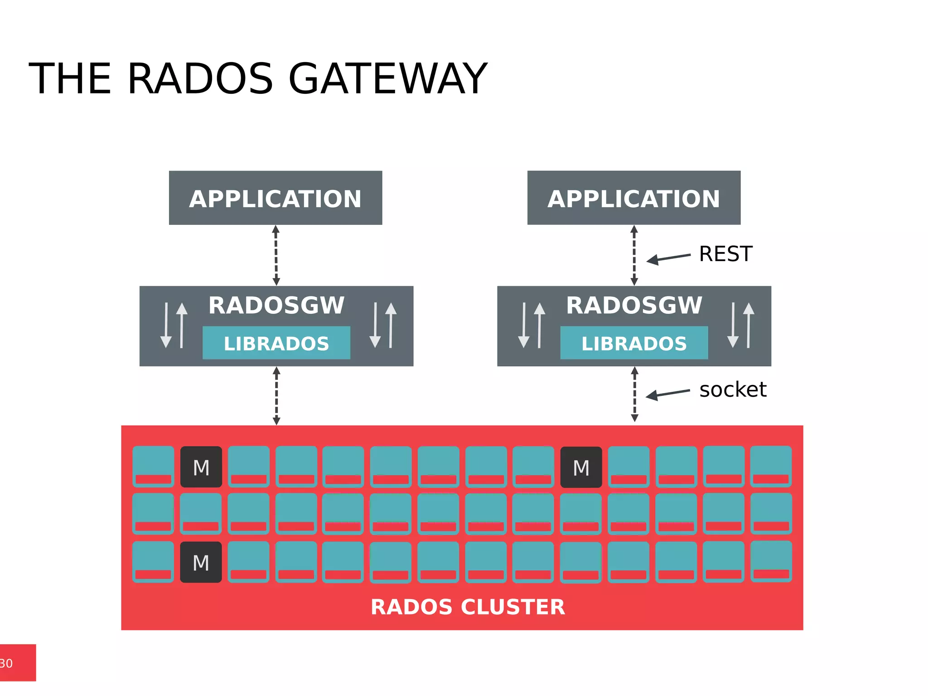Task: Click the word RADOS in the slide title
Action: (200, 79)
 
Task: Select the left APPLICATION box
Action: (275, 198)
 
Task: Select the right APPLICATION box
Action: (633, 198)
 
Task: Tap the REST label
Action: (725, 254)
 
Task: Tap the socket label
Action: (732, 390)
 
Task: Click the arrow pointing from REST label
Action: (668, 258)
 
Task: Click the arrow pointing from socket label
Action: (667, 394)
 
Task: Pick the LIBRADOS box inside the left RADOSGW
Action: (276, 343)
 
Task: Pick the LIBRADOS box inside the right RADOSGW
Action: (633, 343)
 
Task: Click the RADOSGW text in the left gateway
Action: (276, 306)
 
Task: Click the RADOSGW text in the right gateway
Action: (634, 306)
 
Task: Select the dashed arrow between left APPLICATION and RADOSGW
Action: (276, 255)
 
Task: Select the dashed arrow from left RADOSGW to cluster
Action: (276, 395)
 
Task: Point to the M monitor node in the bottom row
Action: (201, 562)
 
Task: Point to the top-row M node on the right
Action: (581, 467)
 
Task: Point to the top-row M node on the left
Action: (201, 467)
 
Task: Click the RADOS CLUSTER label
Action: (468, 607)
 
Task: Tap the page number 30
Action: (6, 663)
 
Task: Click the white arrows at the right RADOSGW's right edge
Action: (740, 326)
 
